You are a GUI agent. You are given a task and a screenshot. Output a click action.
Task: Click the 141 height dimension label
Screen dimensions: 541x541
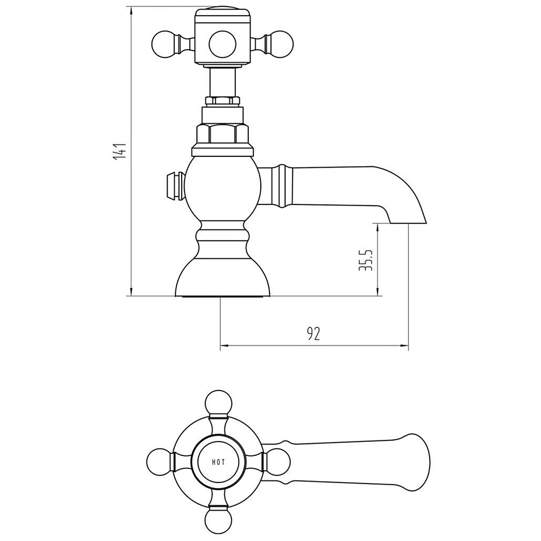point(120,151)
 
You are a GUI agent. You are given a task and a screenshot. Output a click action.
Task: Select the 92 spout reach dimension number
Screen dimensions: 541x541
point(313,334)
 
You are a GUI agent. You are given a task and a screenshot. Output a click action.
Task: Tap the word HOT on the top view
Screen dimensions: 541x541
point(219,462)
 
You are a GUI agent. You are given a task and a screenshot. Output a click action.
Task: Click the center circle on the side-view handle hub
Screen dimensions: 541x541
point(222,44)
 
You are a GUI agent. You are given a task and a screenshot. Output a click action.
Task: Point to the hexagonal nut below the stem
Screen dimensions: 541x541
point(222,133)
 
